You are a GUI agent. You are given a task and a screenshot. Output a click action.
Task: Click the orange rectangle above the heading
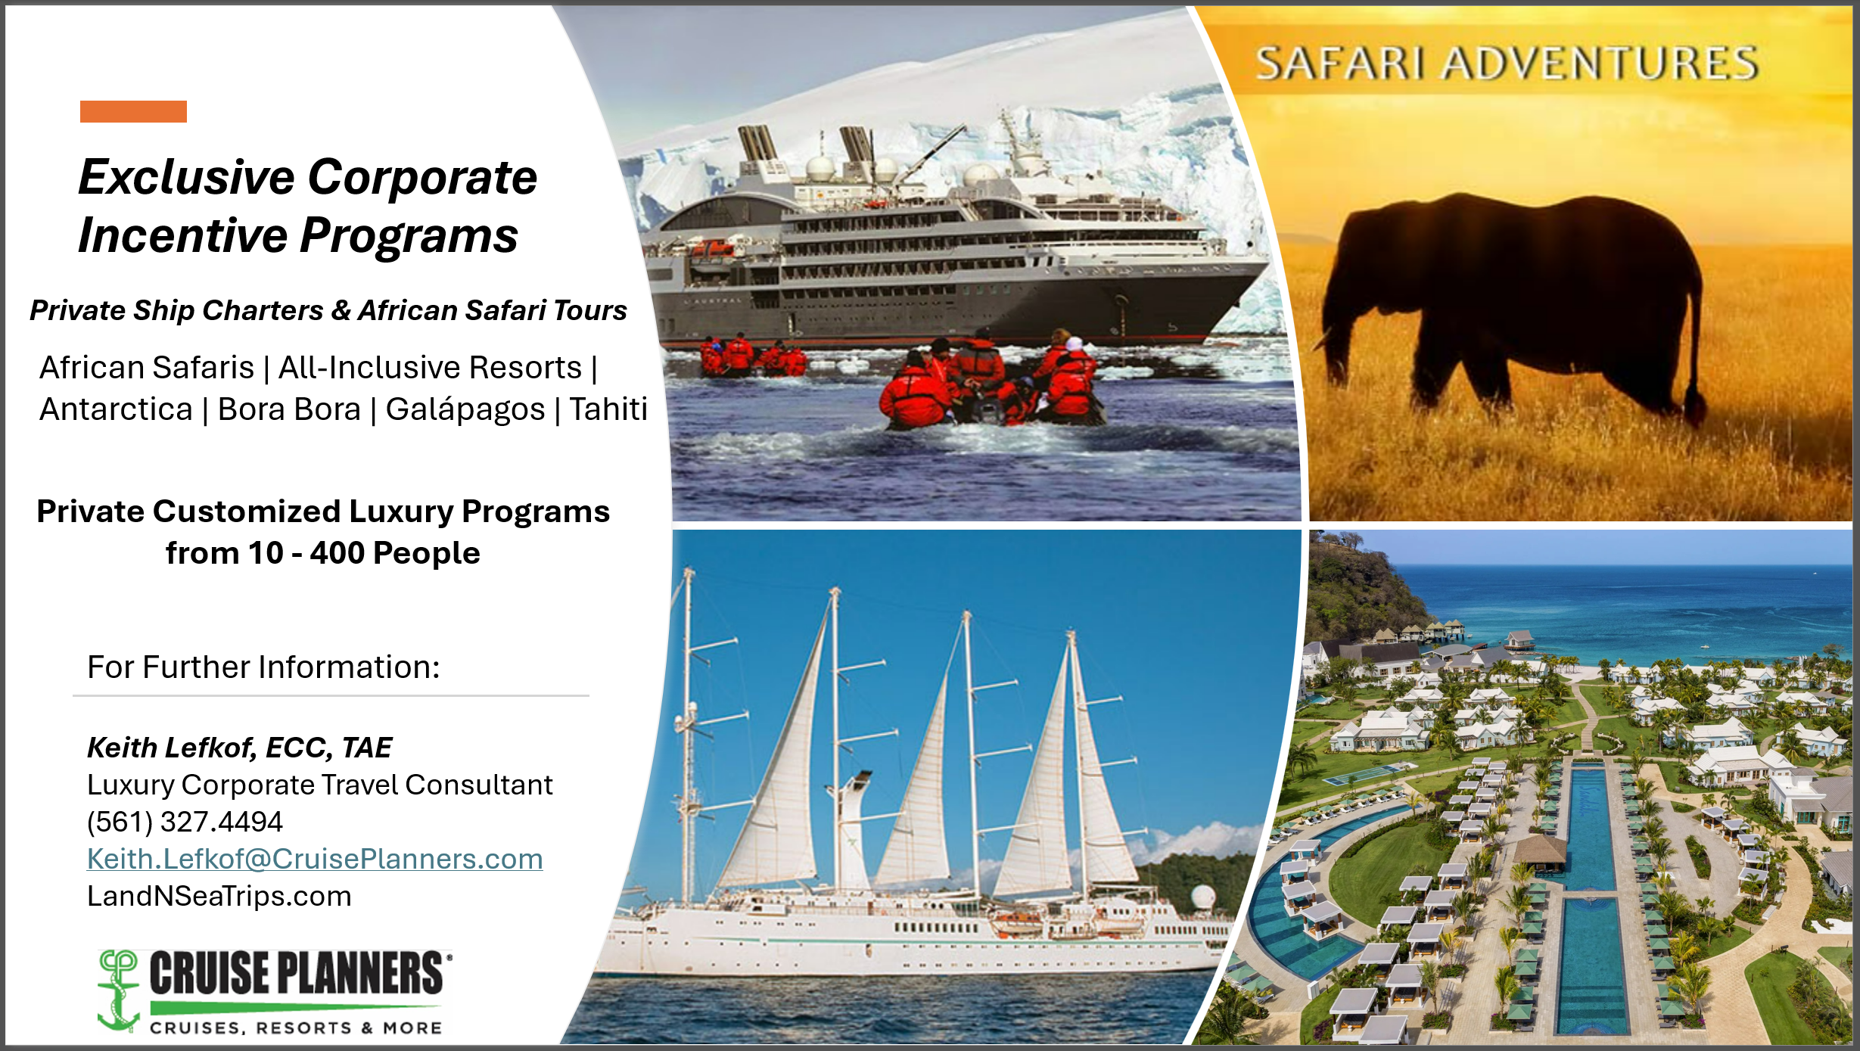click(x=133, y=111)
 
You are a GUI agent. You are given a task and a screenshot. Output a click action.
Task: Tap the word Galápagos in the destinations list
click(x=465, y=410)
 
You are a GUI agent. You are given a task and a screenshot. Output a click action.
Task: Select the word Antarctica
click(x=116, y=409)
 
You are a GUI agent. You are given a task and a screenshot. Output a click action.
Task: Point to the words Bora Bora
click(x=289, y=409)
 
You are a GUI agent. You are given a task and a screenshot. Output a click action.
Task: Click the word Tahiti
click(x=608, y=409)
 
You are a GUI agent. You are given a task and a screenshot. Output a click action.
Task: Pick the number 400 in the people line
click(x=337, y=553)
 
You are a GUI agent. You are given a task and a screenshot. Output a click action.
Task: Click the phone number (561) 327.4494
click(x=185, y=822)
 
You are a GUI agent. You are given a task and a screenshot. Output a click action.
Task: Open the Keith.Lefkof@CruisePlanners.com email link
click(x=315, y=859)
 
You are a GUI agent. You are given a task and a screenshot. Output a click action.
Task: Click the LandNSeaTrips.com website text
click(x=219, y=896)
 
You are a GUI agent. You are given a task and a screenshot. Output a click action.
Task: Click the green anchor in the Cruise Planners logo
click(x=119, y=991)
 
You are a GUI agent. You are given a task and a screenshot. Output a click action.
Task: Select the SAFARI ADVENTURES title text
click(x=1507, y=64)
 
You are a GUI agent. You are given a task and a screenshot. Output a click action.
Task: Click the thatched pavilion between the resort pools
click(x=1539, y=852)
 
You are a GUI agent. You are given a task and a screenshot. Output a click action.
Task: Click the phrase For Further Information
click(x=263, y=667)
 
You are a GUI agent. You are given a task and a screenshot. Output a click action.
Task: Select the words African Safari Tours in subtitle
click(x=493, y=310)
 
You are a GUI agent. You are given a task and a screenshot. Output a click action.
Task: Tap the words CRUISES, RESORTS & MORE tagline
click(x=296, y=1028)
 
